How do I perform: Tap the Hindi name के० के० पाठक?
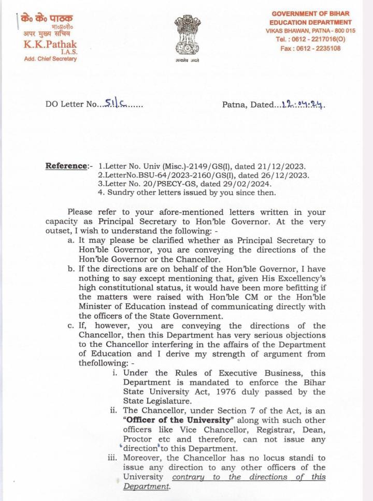click(x=47, y=19)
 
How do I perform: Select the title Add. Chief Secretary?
click(x=50, y=59)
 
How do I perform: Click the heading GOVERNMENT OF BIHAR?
click(x=310, y=13)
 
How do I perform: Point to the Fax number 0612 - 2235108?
click(x=318, y=48)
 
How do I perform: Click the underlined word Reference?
click(x=66, y=166)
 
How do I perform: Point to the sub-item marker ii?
click(x=113, y=410)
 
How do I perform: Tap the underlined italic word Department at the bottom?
click(x=146, y=487)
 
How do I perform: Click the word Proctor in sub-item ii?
click(x=139, y=439)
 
